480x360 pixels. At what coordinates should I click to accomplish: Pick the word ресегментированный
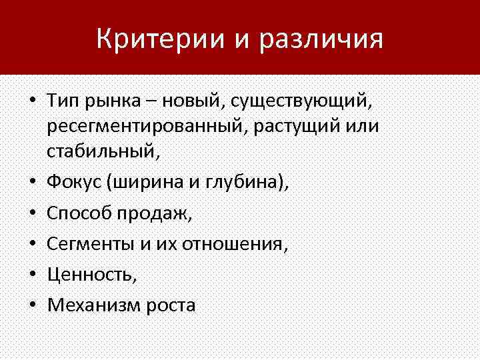(x=145, y=127)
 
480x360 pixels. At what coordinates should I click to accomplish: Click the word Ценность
(x=89, y=275)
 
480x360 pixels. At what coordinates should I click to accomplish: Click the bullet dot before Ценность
(x=31, y=275)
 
